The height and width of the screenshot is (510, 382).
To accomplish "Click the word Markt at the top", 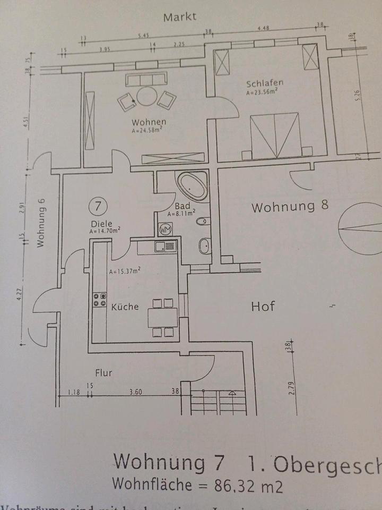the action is [180, 16].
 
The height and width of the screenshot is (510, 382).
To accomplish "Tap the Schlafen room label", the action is [265, 83].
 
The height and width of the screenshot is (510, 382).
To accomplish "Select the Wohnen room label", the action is [146, 121].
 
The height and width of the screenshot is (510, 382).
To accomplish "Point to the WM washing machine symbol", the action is [165, 229].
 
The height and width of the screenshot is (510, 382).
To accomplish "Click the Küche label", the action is [125, 307].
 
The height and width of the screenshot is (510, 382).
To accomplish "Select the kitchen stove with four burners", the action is [99, 300].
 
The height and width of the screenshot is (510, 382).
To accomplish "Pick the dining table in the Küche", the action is [163, 318].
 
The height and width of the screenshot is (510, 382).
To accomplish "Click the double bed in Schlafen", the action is [275, 135].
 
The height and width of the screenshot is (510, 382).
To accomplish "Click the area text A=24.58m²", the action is [147, 129].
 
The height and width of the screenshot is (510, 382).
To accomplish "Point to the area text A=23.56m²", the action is [262, 91].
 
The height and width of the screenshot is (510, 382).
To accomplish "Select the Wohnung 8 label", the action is [290, 206].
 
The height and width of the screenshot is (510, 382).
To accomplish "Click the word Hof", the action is [263, 306].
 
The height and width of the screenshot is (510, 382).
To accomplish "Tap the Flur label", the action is [103, 373].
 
